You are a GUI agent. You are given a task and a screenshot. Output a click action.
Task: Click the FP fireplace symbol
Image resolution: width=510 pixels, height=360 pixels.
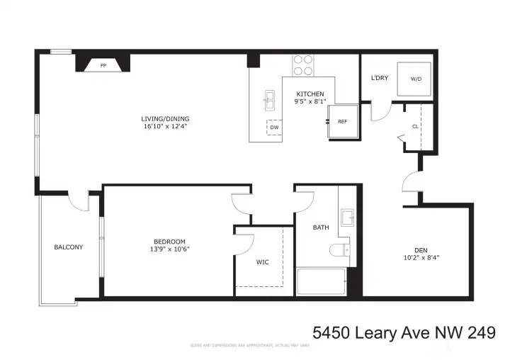(x=103, y=65)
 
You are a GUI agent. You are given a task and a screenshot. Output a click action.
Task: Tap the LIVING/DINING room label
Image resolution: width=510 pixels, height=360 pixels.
(x=165, y=118)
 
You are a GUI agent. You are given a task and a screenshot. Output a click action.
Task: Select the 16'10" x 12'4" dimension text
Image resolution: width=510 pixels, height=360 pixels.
(x=165, y=127)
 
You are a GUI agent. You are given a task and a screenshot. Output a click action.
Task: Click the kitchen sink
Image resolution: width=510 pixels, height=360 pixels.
(x=270, y=100)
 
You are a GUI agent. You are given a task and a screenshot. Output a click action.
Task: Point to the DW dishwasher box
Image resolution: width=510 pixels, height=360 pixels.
(x=273, y=128)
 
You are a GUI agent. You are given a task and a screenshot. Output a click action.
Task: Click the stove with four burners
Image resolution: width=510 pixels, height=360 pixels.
(x=304, y=65)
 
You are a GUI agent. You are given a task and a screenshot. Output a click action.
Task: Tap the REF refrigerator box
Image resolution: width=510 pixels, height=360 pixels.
(x=341, y=122)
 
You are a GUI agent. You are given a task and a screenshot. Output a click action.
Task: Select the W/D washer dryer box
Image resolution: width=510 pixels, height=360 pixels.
(x=416, y=79)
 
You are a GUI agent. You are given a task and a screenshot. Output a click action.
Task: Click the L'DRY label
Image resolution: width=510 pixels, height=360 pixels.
(x=379, y=79)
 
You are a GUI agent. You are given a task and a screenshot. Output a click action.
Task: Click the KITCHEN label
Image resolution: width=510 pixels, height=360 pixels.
(x=310, y=94)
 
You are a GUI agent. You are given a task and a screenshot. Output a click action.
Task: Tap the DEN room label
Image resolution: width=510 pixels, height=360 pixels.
(x=421, y=249)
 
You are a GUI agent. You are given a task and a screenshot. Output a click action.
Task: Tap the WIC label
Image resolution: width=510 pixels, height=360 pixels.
(x=262, y=262)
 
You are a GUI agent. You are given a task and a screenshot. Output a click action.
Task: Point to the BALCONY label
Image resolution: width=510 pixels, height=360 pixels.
(x=69, y=247)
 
